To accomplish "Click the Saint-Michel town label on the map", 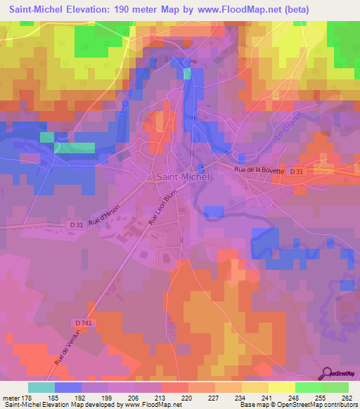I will click(x=181, y=178).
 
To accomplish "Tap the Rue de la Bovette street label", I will click(x=259, y=170).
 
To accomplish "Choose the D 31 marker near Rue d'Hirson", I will click(x=58, y=224).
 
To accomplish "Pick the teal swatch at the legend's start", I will click(x=41, y=387).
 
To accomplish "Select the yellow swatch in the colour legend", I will click(x=255, y=387).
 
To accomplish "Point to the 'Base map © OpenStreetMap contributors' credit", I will click(x=297, y=405).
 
